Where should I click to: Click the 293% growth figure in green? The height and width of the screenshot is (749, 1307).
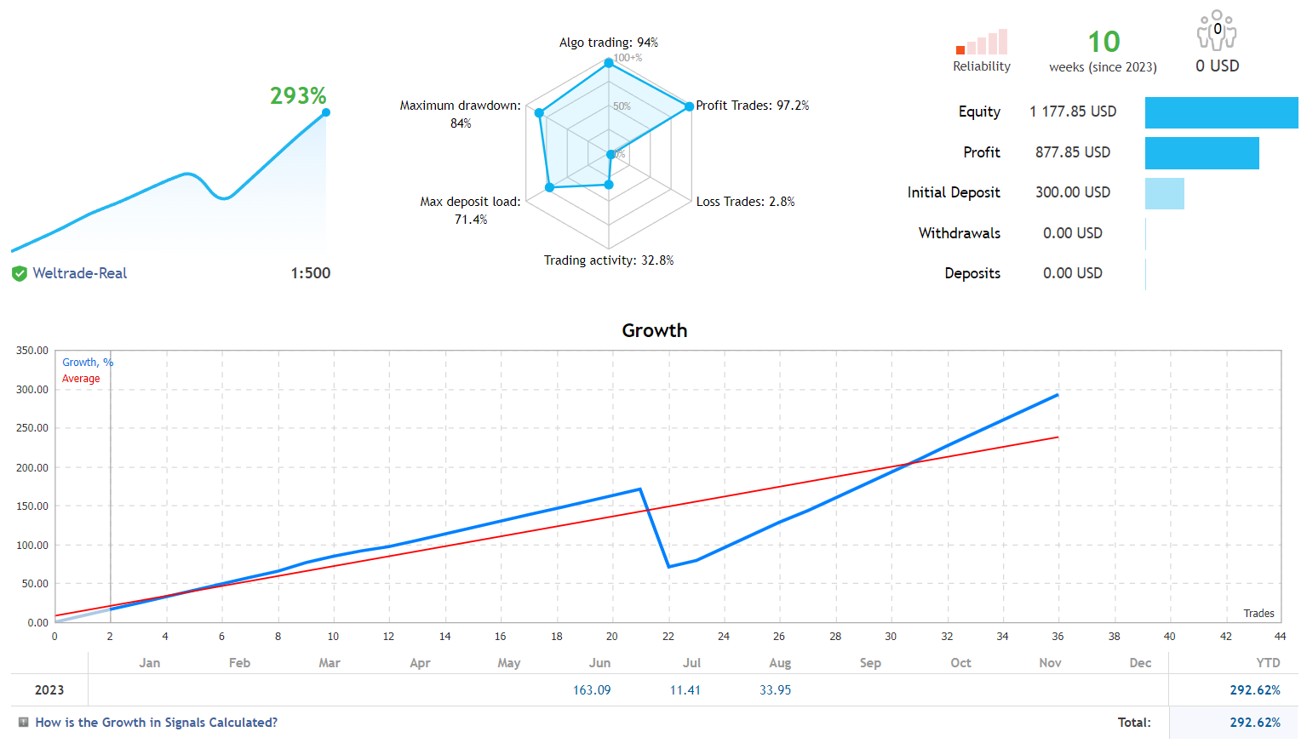[x=298, y=95]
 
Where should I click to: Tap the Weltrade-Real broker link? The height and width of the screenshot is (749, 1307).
[x=79, y=273]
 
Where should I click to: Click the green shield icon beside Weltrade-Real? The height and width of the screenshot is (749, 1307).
[x=19, y=273]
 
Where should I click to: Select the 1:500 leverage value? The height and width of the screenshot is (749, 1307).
[x=310, y=273]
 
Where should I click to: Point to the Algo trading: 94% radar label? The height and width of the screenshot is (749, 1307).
[x=608, y=43]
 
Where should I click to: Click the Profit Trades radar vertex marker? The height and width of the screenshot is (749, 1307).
[x=690, y=106]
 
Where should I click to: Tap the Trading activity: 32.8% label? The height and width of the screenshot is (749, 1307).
[x=608, y=260]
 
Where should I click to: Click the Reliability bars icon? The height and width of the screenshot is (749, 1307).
[x=982, y=43]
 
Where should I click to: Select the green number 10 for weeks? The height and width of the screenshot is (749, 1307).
[x=1103, y=42]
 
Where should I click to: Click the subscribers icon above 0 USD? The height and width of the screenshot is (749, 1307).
[x=1217, y=31]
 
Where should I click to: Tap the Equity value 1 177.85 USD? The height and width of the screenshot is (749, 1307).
[x=1072, y=111]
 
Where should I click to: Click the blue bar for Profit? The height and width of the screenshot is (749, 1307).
[x=1201, y=153]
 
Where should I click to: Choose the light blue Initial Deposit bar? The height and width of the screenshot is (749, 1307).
[x=1164, y=193]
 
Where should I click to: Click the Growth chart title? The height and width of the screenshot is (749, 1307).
[x=654, y=330]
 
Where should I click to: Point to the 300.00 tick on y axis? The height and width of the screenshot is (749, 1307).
[x=32, y=390]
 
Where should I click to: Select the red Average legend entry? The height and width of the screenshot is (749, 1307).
[x=81, y=379]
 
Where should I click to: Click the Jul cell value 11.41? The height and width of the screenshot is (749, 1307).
[x=685, y=690]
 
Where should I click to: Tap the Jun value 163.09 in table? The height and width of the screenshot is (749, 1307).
[x=592, y=690]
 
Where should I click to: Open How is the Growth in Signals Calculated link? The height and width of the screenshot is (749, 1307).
[x=156, y=723]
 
